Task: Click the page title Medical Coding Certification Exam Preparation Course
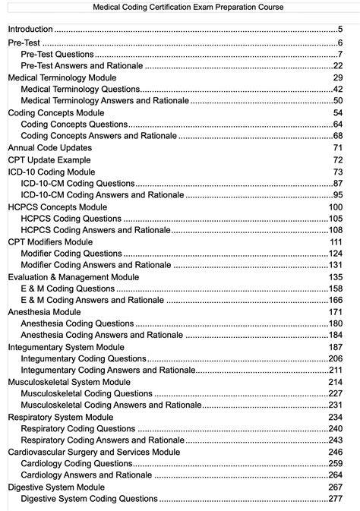(180, 7)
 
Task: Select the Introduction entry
(31, 30)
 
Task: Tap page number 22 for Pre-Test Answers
(338, 66)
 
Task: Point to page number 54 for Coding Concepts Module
(338, 112)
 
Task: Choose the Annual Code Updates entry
(49, 147)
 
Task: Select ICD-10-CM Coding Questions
(77, 184)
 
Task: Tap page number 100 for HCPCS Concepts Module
(335, 207)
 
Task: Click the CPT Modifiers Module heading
(51, 241)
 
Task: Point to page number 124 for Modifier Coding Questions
(335, 254)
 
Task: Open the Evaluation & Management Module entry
(73, 277)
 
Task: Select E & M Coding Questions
(68, 289)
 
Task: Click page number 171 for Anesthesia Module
(335, 312)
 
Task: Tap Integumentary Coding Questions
(83, 358)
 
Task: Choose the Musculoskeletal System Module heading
(68, 382)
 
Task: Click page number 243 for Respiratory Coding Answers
(335, 440)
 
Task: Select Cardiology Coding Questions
(77, 463)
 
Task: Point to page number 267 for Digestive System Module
(335, 487)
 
